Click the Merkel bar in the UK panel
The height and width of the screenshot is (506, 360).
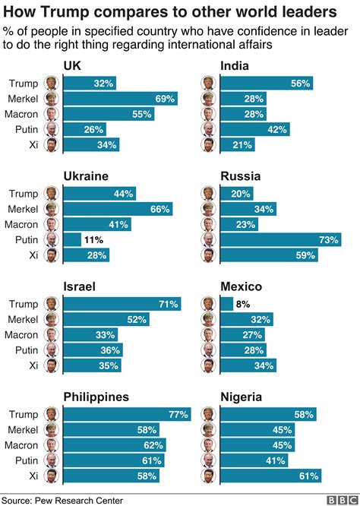tap(120, 99)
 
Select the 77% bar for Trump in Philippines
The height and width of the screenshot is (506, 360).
tap(126, 414)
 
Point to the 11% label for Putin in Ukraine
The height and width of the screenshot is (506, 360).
tap(93, 239)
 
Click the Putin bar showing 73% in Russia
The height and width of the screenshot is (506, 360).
tap(280, 239)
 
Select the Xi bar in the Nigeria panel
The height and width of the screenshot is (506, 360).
tap(270, 476)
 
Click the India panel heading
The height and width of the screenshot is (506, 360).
tap(235, 67)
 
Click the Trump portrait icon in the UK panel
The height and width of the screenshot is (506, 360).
tap(51, 84)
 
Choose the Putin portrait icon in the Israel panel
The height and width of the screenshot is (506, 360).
tap(51, 350)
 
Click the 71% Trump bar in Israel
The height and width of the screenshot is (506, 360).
tap(122, 304)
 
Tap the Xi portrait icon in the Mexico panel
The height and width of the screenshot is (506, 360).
tap(207, 365)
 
